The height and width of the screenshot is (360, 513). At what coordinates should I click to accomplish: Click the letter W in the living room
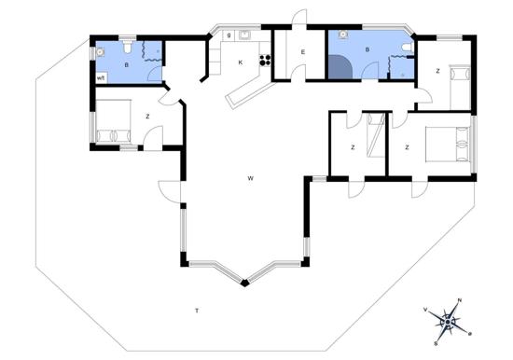point(251,177)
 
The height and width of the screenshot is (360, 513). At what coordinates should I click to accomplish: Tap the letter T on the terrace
point(197,309)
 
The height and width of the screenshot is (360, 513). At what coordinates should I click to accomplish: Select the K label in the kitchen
point(241,62)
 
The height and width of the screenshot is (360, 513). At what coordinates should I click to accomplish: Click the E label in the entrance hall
point(304,52)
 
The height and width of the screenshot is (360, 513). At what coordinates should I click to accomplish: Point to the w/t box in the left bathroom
point(100,78)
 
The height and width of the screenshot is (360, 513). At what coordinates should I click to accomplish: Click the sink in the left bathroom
point(101,53)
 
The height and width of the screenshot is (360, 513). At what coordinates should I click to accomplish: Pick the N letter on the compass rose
point(459,301)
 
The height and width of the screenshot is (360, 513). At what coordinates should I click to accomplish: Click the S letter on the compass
point(437,341)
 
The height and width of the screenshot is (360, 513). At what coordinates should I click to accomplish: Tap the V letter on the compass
point(426,309)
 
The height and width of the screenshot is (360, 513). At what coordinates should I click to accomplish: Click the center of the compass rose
point(448,322)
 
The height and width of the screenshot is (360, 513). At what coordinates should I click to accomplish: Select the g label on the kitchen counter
point(229,35)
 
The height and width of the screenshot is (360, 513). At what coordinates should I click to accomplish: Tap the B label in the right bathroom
point(367,48)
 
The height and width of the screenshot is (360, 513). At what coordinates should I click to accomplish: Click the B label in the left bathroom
point(126,66)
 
